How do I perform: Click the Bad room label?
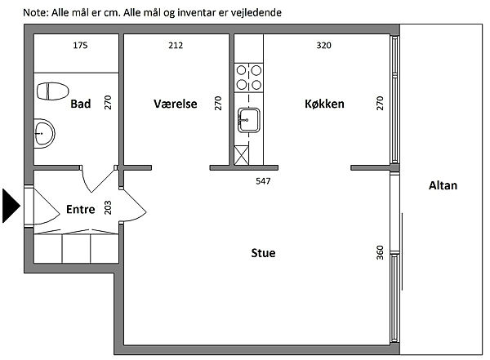click(81, 104)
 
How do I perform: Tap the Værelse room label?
click(176, 104)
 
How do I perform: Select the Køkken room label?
click(324, 104)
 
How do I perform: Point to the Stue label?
click(263, 253)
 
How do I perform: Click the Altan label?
click(443, 185)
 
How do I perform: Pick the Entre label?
click(81, 209)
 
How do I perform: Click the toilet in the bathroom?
click(53, 91)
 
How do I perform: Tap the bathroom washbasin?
click(44, 133)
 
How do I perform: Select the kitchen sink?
click(249, 120)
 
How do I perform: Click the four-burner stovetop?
click(249, 78)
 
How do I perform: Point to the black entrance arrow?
click(11, 206)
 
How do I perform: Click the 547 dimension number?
click(263, 181)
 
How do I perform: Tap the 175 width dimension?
click(80, 46)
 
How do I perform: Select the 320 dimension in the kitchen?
click(323, 46)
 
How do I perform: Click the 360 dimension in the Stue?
click(380, 252)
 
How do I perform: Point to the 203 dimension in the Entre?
click(108, 207)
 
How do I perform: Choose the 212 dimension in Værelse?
click(176, 46)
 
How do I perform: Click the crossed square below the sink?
click(242, 155)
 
